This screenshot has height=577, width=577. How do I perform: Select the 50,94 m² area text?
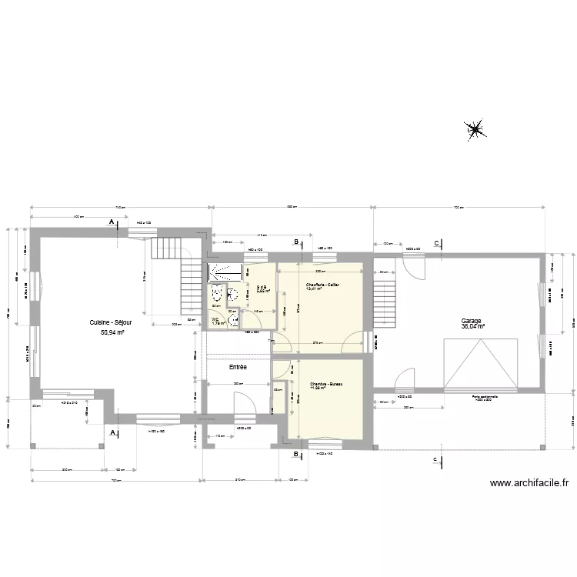coord(112,333)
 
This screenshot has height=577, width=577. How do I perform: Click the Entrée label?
coord(238,368)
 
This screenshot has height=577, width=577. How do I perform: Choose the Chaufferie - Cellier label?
coord(322,285)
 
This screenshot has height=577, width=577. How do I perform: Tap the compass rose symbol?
coord(475,130)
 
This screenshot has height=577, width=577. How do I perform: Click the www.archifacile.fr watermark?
coord(530,483)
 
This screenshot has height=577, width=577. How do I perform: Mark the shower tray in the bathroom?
coord(225,271)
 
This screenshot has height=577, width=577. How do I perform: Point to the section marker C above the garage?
coord(437,243)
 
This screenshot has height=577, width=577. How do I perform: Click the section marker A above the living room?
coord(112,222)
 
